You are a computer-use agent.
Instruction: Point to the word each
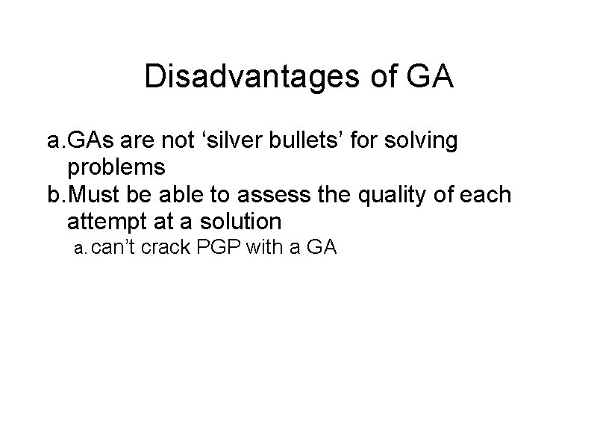pos(484,195)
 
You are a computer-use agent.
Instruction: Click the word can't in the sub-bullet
pos(114,248)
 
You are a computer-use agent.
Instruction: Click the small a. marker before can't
pos(81,249)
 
